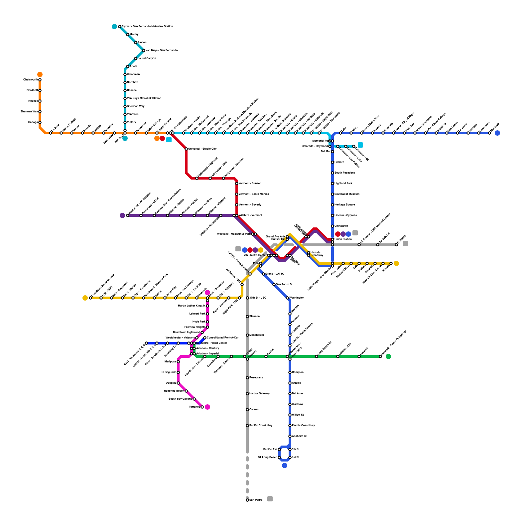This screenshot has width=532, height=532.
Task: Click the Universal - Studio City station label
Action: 202,149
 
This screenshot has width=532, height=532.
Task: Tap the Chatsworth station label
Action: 30,80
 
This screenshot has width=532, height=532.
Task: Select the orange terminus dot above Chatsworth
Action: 40,74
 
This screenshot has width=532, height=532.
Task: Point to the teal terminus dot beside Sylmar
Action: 114,27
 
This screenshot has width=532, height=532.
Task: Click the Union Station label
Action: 343,239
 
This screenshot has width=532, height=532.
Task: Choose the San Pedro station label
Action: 256,500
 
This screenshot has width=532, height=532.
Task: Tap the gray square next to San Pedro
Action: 270,499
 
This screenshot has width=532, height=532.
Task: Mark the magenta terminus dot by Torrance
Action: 207,407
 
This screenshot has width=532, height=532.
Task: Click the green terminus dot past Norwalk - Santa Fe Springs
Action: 388,356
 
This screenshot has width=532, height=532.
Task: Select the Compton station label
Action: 298,372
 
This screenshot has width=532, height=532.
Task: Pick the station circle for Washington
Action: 287,298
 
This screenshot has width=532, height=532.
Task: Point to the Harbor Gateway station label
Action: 259,394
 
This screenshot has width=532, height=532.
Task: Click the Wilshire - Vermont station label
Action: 250,215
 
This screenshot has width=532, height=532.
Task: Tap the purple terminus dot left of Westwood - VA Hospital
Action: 122,215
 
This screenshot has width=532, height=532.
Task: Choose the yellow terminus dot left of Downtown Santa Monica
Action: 85,298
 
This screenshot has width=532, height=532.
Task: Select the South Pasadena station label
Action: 344,173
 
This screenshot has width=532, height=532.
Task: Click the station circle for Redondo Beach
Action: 186,391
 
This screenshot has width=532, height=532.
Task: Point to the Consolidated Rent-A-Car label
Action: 222,338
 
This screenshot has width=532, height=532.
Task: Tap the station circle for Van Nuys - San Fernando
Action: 144,51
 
